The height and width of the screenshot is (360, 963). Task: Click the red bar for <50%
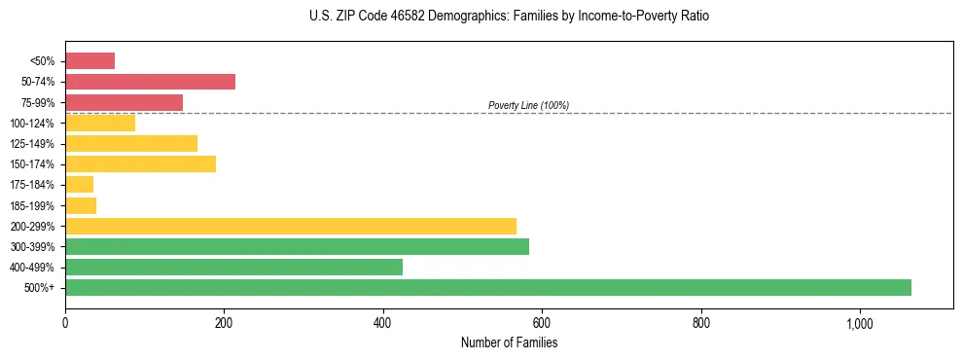[89, 61]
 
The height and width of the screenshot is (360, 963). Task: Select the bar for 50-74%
[150, 82]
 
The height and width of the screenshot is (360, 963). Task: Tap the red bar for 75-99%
[124, 102]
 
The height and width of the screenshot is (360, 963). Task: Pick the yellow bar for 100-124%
[100, 123]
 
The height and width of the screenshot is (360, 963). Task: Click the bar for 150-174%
[140, 163]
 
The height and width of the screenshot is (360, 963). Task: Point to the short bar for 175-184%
[79, 184]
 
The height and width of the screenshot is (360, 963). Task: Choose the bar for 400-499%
[233, 267]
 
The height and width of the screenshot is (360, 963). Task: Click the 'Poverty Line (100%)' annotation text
[528, 105]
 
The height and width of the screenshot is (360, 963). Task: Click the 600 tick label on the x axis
[542, 324]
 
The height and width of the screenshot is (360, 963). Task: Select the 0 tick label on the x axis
[65, 324]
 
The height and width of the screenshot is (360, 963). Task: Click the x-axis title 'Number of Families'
[509, 342]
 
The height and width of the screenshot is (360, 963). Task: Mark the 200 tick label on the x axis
[224, 324]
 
